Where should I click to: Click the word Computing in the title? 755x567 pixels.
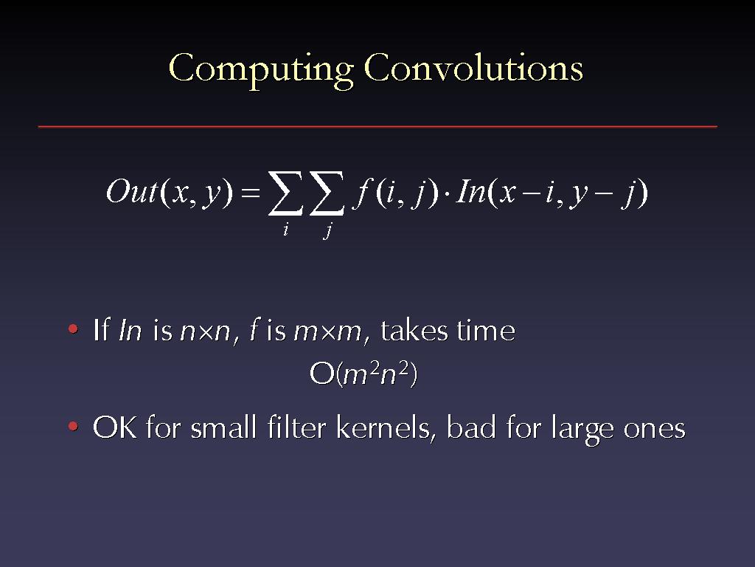(261, 70)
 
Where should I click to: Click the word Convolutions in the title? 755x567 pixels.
(474, 67)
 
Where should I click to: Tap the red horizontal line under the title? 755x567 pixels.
(377, 127)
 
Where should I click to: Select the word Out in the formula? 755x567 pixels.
(131, 191)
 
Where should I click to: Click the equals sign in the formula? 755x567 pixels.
(251, 193)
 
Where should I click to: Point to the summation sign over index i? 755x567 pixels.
(285, 193)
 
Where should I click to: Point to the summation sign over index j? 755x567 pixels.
(327, 193)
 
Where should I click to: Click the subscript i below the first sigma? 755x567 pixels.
(285, 229)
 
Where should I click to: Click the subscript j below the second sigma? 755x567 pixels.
(327, 230)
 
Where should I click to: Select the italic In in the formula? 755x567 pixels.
(470, 191)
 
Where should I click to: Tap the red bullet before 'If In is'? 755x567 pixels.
(73, 329)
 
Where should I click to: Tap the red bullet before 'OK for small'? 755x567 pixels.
(73, 426)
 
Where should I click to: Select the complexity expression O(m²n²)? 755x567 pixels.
(363, 374)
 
